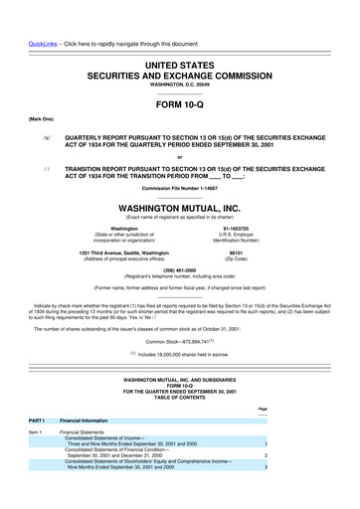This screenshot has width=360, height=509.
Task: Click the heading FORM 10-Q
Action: pos(179,103)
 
